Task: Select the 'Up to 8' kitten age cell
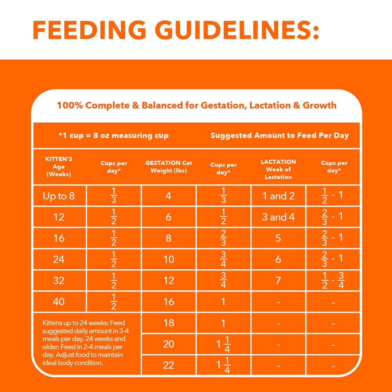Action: pos(59,196)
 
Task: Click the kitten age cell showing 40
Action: pos(59,302)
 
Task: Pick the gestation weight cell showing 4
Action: pos(169,196)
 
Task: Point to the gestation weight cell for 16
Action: pos(169,302)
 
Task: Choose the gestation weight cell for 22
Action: pos(169,365)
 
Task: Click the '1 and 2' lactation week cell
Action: pos(278,196)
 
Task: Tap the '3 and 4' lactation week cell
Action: pos(278,217)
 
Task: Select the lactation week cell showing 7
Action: pos(278,281)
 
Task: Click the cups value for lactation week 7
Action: pos(333,281)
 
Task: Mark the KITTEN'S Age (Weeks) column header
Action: pos(59,167)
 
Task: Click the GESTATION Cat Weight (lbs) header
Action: pos(169,167)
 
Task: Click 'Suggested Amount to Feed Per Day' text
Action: pos(279,136)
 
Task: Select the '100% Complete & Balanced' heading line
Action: pos(196,105)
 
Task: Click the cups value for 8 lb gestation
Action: pos(223,238)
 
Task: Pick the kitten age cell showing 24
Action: pos(59,260)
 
